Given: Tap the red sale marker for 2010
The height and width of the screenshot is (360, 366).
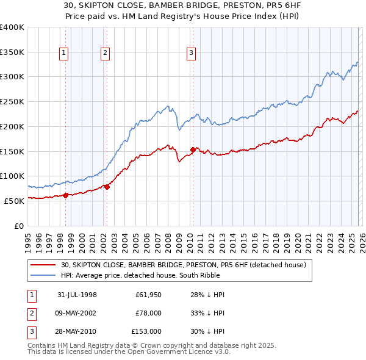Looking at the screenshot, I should (x=193, y=149).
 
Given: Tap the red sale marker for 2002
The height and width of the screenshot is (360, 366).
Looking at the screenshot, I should (x=107, y=187).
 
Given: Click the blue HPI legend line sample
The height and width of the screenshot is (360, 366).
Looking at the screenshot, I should (x=44, y=275).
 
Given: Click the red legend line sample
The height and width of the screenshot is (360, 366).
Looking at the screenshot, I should (x=44, y=265).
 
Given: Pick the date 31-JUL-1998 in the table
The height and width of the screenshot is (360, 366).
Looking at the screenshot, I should (x=77, y=295).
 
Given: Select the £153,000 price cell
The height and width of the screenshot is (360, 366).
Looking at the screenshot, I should (x=146, y=331).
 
